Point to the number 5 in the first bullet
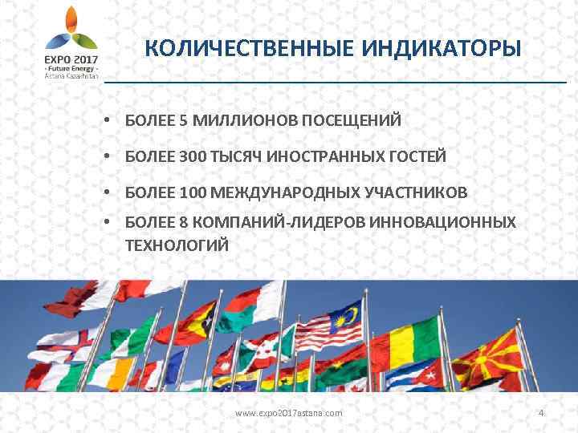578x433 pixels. (x=184, y=120)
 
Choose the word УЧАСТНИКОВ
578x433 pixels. (x=420, y=193)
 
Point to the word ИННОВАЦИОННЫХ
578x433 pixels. (x=443, y=221)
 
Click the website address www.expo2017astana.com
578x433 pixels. (x=288, y=413)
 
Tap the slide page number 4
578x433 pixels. (x=542, y=413)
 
